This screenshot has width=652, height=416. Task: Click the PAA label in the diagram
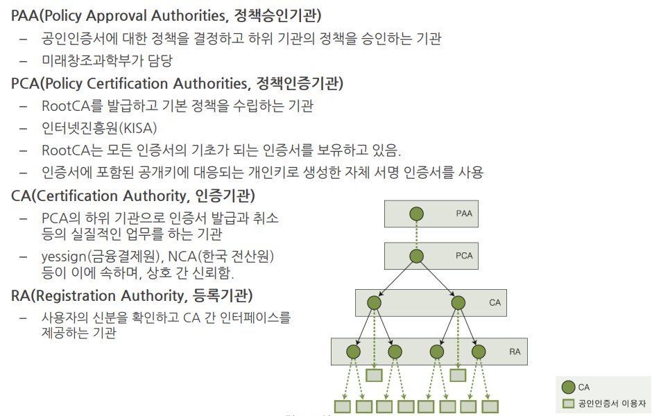464,214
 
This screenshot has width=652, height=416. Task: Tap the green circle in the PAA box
416,214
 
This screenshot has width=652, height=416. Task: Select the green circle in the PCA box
416,256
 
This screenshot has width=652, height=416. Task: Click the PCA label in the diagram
464,256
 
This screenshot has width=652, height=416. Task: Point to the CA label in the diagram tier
495,303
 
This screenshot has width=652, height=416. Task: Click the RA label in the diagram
515,352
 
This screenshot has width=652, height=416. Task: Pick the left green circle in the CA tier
375,303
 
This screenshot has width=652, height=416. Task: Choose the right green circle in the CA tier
458,303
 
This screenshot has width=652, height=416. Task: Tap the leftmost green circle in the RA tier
354,352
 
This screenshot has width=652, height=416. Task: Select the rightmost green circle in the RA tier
478,352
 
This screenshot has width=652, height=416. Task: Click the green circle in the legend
569,388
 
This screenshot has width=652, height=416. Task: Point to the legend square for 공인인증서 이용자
569,403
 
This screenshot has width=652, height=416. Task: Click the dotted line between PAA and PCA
416,234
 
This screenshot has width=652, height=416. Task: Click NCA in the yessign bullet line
182,257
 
